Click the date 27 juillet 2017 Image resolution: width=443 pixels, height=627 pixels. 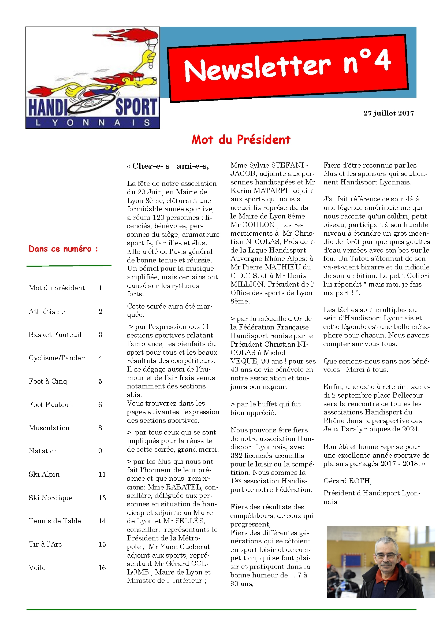388,113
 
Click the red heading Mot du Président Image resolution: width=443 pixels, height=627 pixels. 241,140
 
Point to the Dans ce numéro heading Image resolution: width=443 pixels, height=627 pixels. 63,249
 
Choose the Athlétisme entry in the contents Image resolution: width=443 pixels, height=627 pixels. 47,311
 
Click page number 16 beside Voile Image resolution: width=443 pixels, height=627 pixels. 102,567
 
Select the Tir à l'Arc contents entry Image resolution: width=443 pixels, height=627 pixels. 45,544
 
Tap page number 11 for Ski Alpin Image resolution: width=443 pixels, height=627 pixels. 102,474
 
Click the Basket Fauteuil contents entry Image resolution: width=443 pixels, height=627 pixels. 55,335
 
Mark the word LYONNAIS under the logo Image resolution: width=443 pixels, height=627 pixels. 93,123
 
